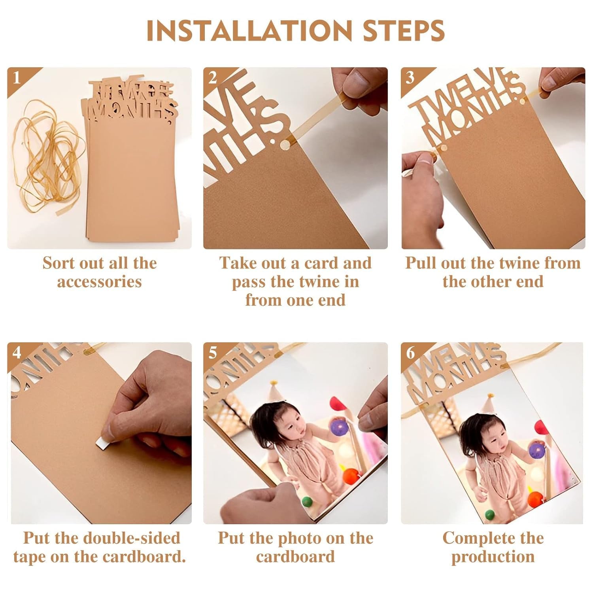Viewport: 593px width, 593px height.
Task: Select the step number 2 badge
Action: click(213, 78)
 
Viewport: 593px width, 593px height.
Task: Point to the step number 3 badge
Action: click(410, 78)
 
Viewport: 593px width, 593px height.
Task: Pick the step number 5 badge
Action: click(213, 352)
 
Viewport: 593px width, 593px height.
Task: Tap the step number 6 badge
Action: click(410, 352)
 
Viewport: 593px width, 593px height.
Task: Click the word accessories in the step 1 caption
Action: click(100, 282)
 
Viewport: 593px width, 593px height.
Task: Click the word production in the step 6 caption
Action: click(493, 557)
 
